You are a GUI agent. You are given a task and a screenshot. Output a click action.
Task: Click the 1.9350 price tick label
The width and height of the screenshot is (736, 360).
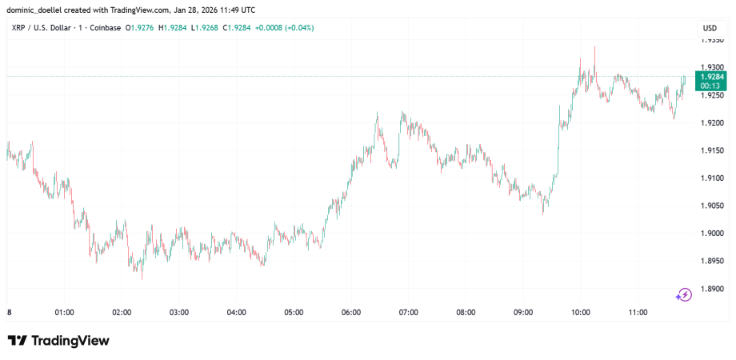[x=712, y=40]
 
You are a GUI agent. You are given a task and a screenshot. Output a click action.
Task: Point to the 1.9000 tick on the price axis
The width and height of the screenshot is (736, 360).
[x=712, y=233]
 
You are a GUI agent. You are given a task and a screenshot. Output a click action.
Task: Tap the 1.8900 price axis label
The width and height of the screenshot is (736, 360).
[x=712, y=289]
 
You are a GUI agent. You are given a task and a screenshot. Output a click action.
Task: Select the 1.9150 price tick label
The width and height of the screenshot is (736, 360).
[x=712, y=150]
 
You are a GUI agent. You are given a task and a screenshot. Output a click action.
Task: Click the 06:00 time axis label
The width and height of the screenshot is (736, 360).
[x=350, y=313]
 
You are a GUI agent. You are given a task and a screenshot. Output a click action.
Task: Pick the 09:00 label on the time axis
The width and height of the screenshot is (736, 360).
[x=523, y=313]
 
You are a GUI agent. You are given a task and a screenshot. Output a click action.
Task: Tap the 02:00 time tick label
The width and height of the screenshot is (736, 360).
[x=122, y=313]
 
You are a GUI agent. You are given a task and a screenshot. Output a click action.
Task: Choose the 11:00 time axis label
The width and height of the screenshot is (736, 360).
[x=638, y=313]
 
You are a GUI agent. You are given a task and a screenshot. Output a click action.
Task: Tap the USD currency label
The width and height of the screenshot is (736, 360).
[x=709, y=28]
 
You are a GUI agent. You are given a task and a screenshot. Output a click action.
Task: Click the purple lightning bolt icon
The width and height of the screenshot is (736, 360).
[x=684, y=294]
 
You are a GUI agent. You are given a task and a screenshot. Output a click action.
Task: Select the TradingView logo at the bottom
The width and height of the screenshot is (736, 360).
[x=58, y=341]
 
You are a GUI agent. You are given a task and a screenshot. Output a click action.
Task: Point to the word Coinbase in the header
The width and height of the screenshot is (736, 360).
[x=106, y=28]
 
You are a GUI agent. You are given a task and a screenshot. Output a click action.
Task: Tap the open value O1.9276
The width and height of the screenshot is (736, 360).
[x=141, y=28]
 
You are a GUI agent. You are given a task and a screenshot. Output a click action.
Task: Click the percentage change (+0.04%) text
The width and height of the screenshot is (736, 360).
[x=296, y=28]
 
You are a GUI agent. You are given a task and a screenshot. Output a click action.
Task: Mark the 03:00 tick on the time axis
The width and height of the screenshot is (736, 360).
[x=178, y=313]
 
